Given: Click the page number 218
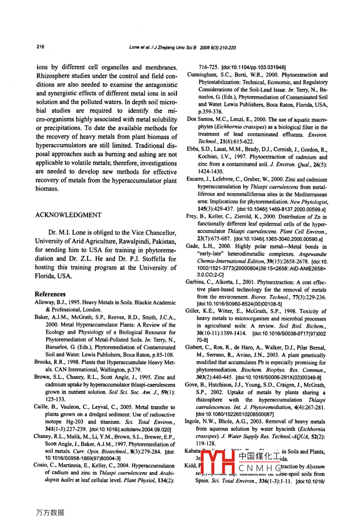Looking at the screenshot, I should coord(40,47).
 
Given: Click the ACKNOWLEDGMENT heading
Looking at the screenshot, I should coord(68,215).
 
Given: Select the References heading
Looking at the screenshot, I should coord(50,294).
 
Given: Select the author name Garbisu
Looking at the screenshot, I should coord(196,282).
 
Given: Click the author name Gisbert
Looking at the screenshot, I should coord(195,347).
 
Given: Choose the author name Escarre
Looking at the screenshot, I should coord(195,180).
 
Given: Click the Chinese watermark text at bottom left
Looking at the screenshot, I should coord(50,512).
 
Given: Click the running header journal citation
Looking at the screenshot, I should coord(182,47).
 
